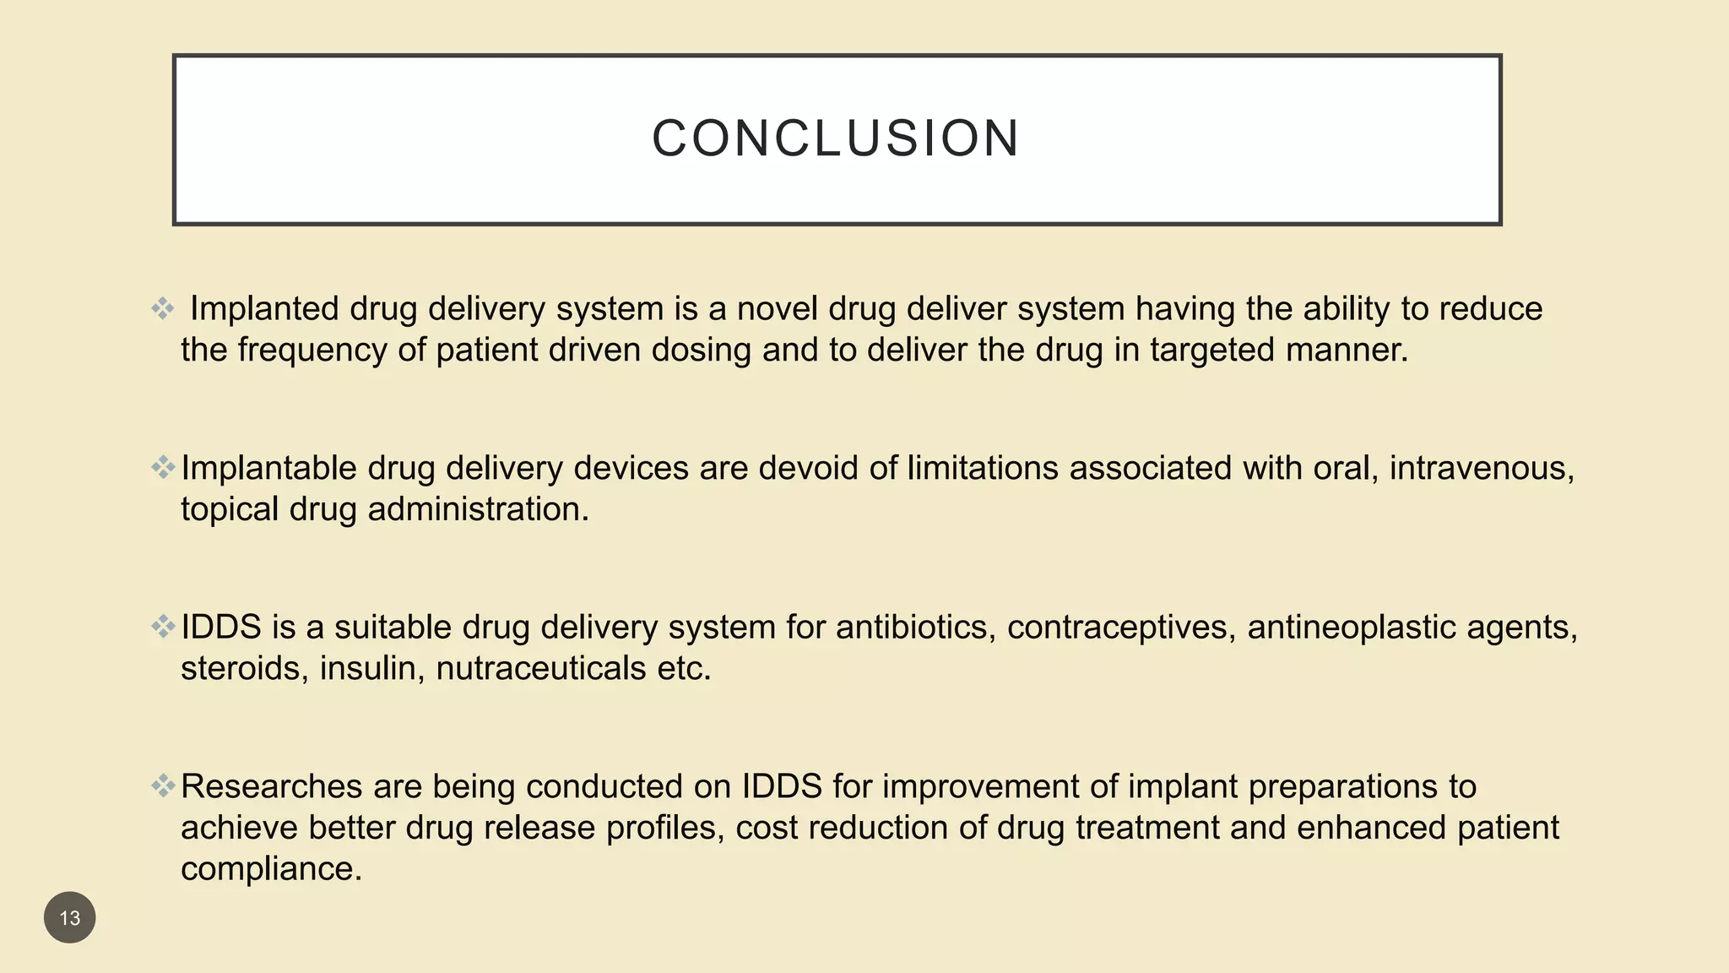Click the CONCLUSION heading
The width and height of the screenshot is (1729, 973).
tap(836, 139)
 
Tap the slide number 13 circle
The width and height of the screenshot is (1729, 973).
tap(70, 917)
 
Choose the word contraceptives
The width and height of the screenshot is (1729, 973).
tap(1121, 628)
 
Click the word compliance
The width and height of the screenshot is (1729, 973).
tap(271, 869)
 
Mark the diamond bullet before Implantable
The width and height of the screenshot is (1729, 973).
tap(163, 466)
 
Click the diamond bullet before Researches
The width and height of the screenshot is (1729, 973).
tap(163, 785)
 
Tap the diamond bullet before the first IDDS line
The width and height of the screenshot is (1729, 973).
tap(163, 626)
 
